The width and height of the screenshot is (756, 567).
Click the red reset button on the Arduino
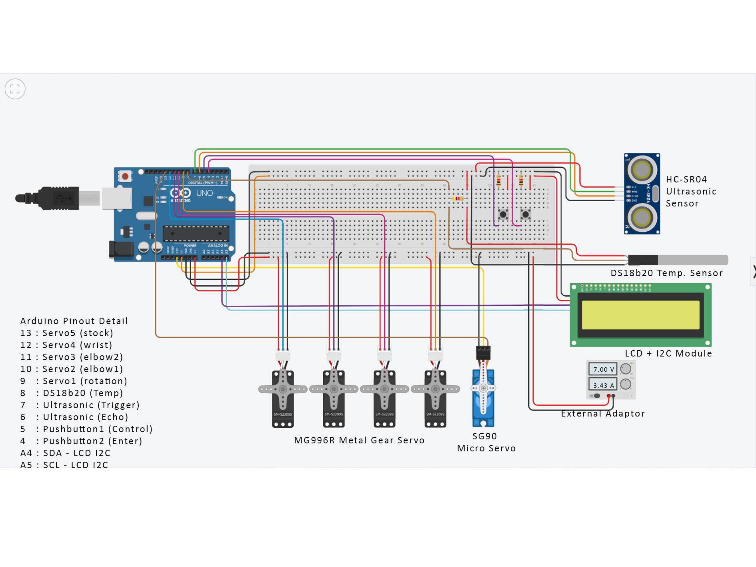(x=126, y=176)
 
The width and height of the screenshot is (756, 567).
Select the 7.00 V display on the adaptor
(x=603, y=369)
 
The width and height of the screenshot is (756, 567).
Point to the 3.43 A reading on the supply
(x=603, y=385)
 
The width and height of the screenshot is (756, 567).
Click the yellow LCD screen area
(x=640, y=315)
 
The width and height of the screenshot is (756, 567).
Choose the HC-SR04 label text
(x=686, y=179)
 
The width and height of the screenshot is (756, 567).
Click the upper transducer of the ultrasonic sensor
(x=642, y=170)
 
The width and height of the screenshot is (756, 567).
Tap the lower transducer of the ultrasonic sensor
(x=642, y=218)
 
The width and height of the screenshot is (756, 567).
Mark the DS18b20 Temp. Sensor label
(x=666, y=273)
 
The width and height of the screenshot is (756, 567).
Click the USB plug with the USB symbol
(x=60, y=198)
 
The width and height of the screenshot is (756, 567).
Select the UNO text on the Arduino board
(x=204, y=193)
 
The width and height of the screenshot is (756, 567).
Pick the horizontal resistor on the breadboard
(x=458, y=199)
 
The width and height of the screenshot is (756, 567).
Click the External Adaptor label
(x=603, y=413)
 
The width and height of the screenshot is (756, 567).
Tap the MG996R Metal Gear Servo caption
(x=359, y=440)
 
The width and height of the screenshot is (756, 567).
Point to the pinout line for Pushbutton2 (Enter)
(x=82, y=441)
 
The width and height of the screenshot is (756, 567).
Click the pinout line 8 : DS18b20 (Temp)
(x=72, y=393)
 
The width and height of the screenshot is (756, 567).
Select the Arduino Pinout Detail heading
(x=74, y=321)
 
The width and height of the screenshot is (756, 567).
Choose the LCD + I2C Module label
(x=668, y=353)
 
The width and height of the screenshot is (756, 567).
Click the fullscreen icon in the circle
(x=15, y=89)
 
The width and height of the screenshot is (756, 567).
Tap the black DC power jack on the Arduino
(x=121, y=249)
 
